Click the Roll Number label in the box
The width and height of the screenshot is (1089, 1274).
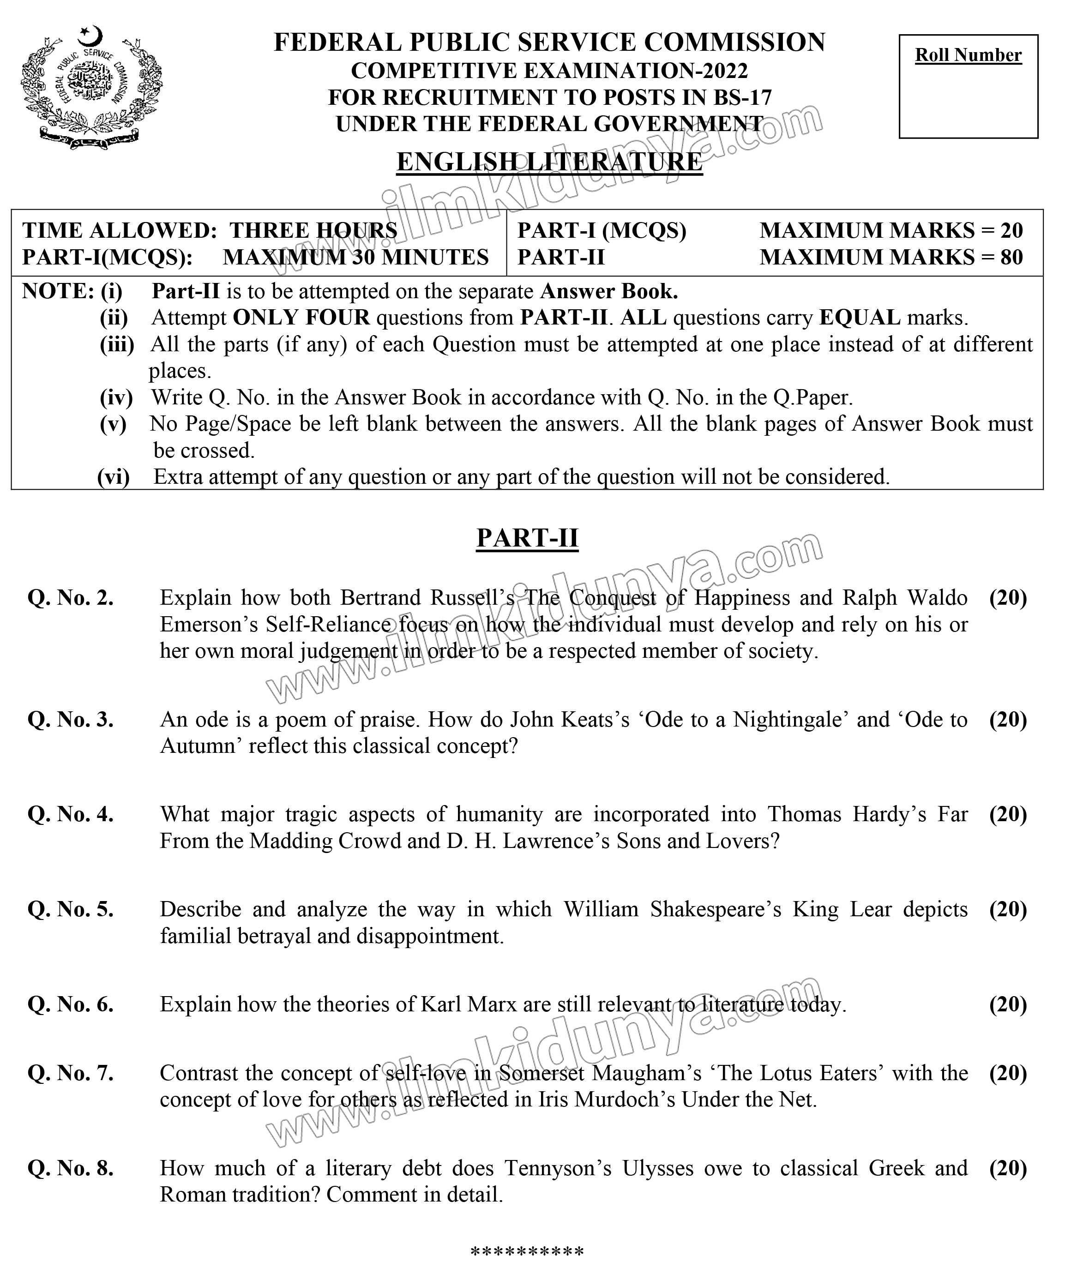(x=968, y=55)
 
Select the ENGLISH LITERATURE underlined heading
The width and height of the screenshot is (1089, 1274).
(x=549, y=162)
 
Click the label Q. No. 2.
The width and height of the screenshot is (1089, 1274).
(x=71, y=598)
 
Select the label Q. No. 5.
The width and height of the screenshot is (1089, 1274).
(x=71, y=909)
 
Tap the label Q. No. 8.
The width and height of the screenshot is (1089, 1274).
(x=71, y=1168)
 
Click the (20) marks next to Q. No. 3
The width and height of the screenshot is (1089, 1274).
(x=1008, y=719)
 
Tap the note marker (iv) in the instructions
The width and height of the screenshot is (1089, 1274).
(x=116, y=398)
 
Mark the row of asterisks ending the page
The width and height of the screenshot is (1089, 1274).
(x=527, y=1251)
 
